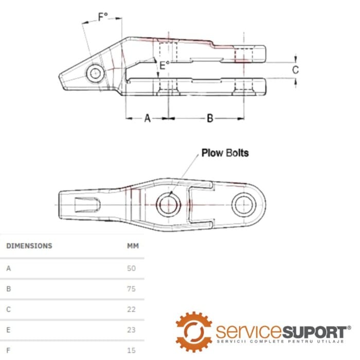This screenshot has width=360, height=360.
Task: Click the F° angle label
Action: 103,17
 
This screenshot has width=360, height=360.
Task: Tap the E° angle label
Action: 165,65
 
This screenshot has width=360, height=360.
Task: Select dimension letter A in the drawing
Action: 148,118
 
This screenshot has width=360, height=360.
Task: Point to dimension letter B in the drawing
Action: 210,118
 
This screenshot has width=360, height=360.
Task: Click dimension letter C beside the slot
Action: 296,70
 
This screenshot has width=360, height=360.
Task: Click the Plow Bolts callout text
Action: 225,153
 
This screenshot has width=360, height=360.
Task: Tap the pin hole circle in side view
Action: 95,74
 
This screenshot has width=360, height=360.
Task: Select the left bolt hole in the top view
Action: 168,205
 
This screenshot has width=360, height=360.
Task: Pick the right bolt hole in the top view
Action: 244,205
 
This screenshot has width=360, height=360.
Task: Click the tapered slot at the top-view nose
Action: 87,205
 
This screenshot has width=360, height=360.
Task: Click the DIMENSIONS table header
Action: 29,246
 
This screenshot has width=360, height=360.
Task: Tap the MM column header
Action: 133,246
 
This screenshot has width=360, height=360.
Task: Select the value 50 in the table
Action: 131,268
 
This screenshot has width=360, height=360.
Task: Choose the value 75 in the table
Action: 131,289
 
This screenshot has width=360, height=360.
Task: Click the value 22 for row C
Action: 131,309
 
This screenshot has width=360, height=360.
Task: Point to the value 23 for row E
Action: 131,330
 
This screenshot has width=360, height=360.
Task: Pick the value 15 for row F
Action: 131,350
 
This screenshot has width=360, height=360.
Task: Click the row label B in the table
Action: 9,289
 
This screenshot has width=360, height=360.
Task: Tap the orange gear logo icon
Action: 194,332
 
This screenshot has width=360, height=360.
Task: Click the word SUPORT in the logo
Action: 315,332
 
